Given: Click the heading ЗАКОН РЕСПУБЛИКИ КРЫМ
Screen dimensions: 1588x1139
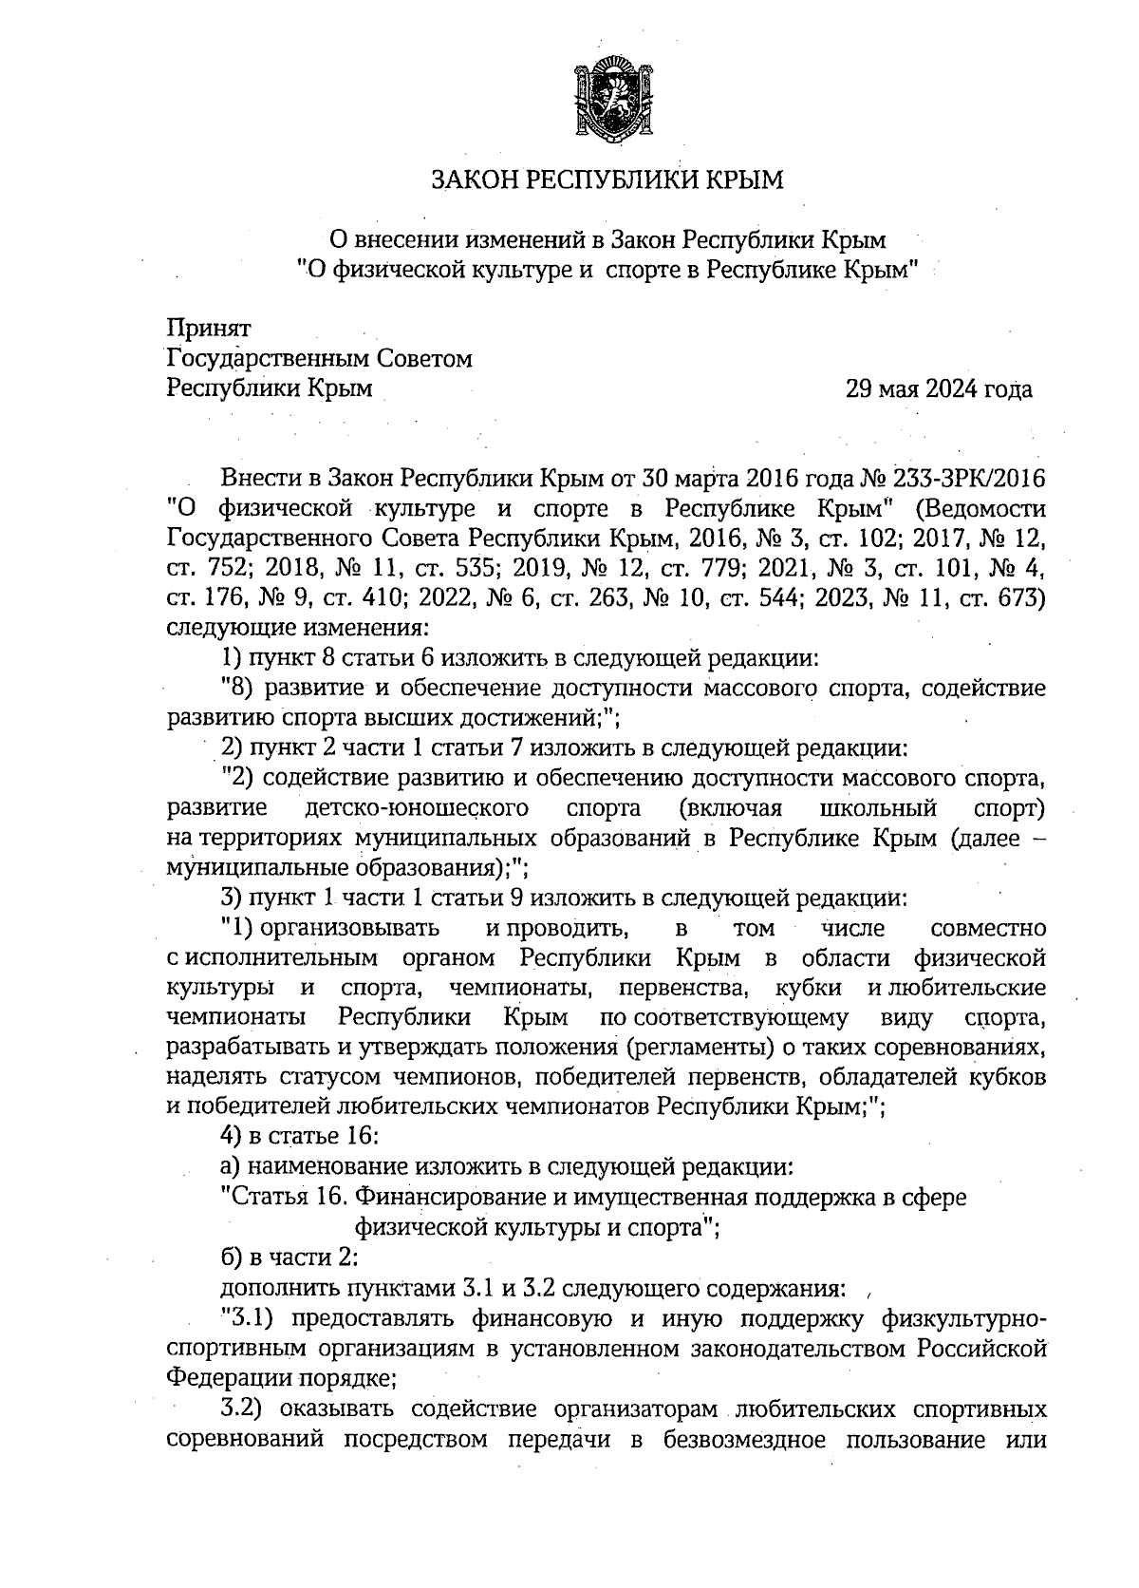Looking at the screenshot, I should coord(607,180).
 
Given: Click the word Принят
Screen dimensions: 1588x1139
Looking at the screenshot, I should coord(209,329).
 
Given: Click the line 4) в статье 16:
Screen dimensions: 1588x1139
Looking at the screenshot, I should coord(300,1136).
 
